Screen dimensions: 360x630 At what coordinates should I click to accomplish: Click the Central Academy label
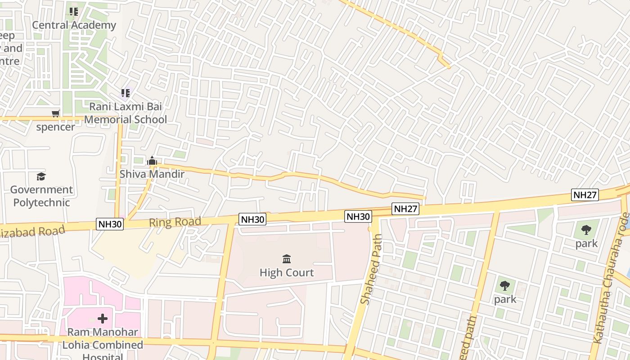coord(74,25)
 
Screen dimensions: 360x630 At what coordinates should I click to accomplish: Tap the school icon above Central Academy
coord(74,11)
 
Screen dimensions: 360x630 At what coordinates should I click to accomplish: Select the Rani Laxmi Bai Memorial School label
coord(126,113)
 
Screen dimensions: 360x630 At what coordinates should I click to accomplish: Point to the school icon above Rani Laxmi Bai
coord(125,93)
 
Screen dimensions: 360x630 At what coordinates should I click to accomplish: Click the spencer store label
coord(55,127)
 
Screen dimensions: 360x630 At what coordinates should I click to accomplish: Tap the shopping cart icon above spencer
coord(56,113)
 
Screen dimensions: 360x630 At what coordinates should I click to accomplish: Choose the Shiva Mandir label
coord(152,174)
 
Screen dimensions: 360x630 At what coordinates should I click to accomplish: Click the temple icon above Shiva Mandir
coord(152,161)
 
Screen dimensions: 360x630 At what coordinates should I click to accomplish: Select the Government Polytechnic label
coord(41,196)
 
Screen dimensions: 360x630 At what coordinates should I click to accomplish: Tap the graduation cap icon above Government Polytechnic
coord(41,176)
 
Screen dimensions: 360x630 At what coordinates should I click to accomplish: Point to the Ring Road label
coord(175,222)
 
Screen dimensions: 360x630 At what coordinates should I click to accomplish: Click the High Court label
coord(287,272)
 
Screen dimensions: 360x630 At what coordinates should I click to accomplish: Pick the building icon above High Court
coord(287,259)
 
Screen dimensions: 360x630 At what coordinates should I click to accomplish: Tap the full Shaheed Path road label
coord(372,269)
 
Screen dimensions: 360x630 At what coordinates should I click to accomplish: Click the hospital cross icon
coord(103,319)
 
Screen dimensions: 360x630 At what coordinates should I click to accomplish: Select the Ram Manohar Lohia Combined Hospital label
coord(103,345)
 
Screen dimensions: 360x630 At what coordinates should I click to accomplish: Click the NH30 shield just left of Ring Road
coord(110,224)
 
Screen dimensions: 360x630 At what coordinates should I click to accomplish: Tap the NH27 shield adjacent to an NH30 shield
coord(405,209)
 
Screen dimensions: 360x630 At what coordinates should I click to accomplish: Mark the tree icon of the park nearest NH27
coord(586,230)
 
